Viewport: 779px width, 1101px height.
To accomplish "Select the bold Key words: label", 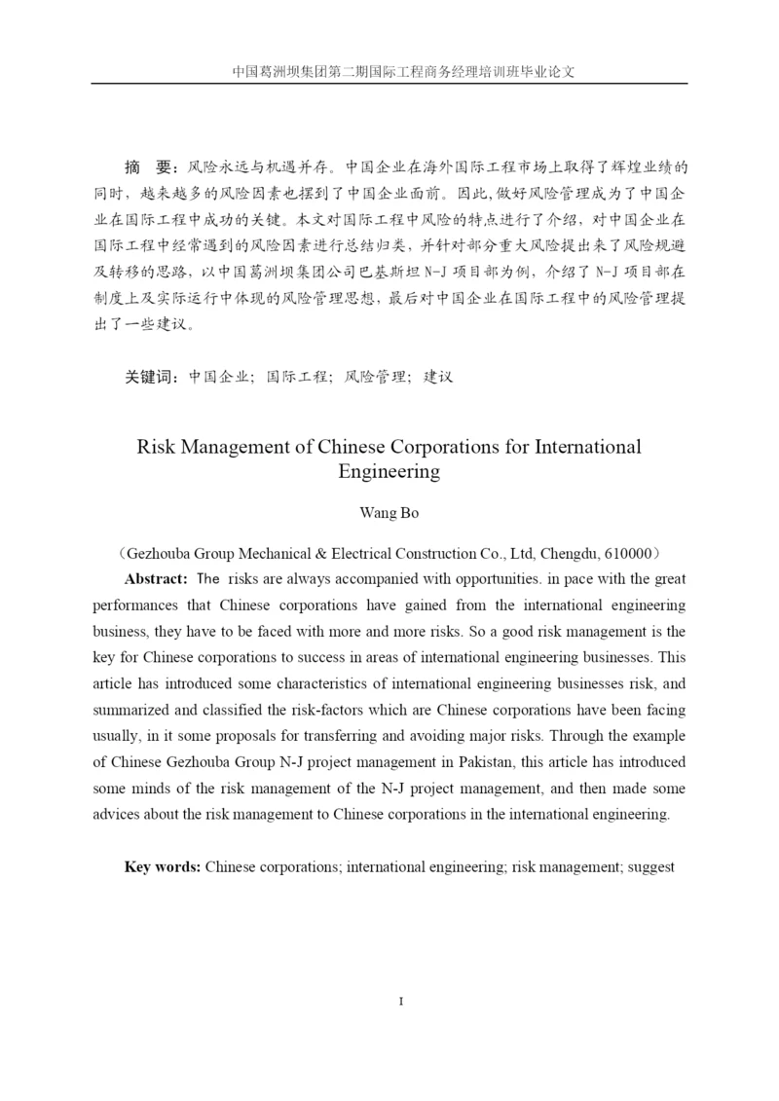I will pos(163,865).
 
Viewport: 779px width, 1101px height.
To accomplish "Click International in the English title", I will pos(581,448).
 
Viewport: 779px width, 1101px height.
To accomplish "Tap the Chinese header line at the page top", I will pos(389,71).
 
